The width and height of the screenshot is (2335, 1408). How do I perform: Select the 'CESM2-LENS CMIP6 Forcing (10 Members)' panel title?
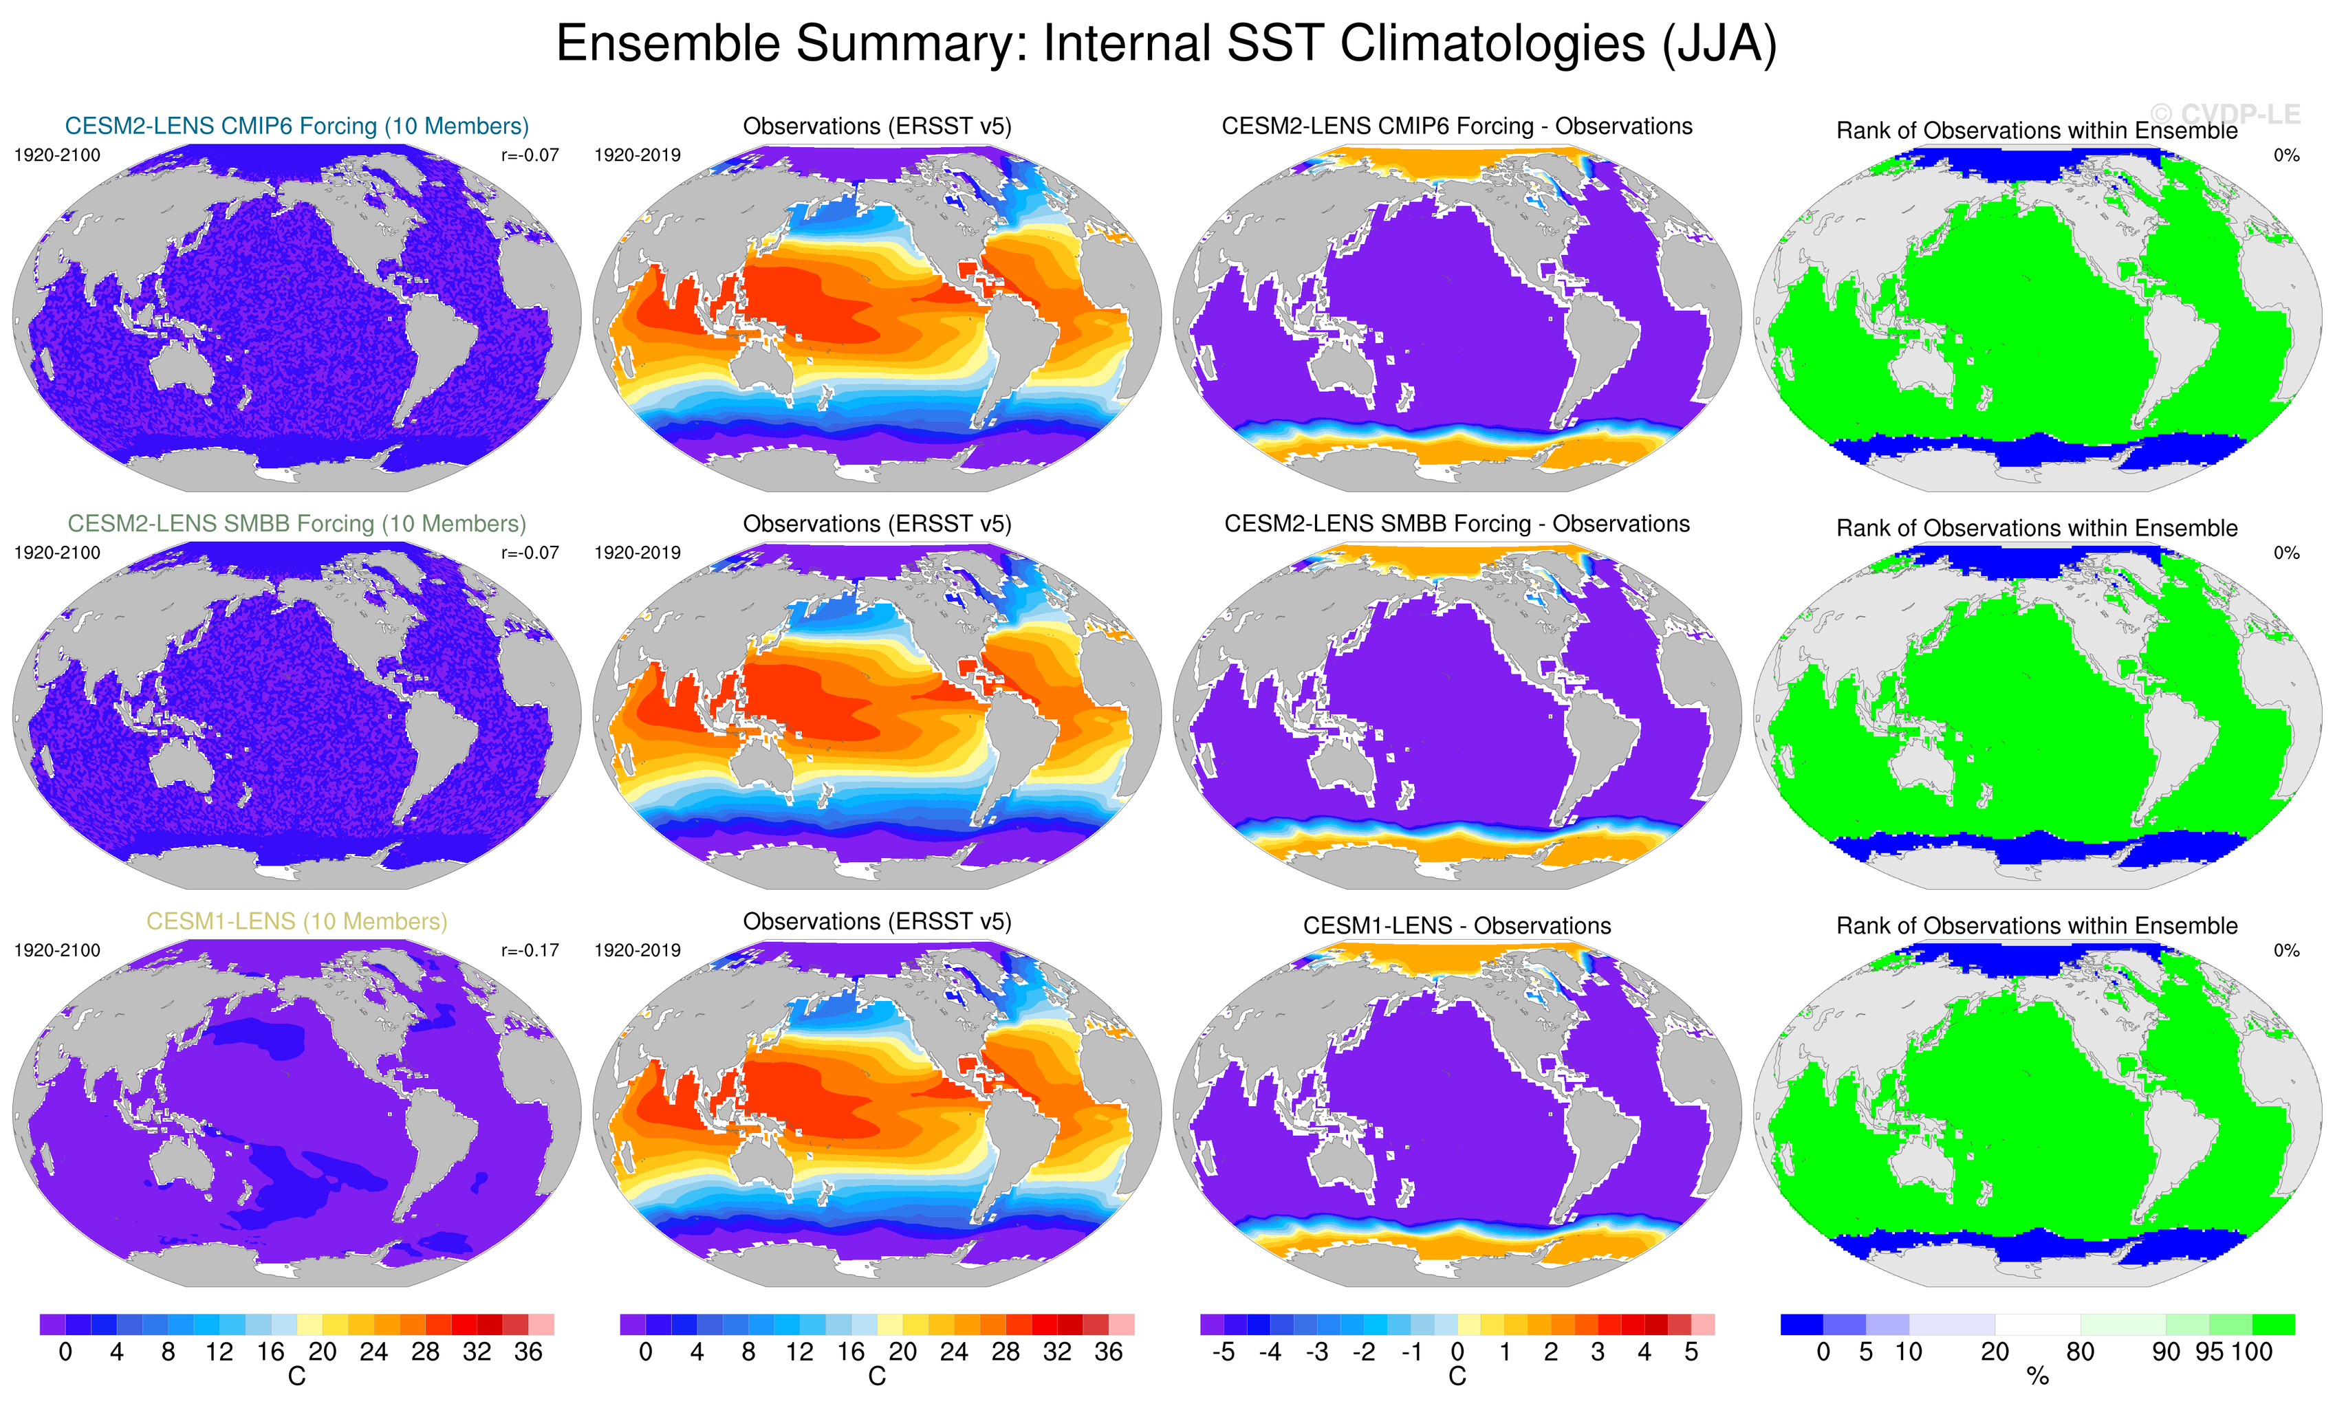(296, 126)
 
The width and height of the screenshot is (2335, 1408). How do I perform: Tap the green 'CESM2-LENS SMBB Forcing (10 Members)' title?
(296, 524)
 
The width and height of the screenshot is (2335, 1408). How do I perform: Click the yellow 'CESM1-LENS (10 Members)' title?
(296, 921)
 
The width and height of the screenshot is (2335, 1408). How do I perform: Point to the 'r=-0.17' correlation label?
(530, 950)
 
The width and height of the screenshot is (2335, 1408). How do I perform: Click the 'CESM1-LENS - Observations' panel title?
(1457, 925)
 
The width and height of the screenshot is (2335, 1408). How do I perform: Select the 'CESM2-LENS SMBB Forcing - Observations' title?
(1457, 524)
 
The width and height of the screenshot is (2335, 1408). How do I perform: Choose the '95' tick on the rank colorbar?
(2209, 1352)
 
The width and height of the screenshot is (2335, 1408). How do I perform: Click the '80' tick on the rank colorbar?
(2080, 1352)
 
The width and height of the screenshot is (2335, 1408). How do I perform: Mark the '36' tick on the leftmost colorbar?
(528, 1352)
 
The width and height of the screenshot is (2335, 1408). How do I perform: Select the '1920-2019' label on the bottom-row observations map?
(637, 950)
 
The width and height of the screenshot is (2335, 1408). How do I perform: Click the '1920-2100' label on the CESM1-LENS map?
(57, 950)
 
